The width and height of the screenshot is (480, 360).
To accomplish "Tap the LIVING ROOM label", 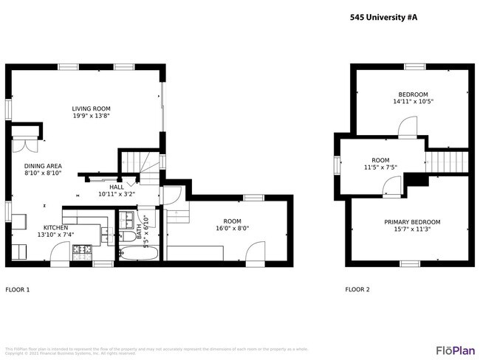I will coord(92,108).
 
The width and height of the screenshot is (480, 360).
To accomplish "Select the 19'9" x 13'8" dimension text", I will coord(92,116).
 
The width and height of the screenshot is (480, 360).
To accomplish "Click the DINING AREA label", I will coord(43,165).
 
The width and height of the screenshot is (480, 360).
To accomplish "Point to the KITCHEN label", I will coord(55,227).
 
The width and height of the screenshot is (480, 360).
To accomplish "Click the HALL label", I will coord(117,187).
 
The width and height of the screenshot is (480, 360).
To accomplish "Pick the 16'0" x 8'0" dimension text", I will coord(232,229).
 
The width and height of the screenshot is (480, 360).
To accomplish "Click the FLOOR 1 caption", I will coord(18,290).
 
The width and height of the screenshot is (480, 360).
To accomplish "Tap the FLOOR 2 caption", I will coord(357,290).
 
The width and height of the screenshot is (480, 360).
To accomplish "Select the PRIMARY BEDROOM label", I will coord(411,222).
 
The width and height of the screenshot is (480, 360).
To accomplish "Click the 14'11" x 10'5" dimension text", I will coord(413,102).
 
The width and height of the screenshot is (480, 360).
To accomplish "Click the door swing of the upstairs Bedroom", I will coord(406,129).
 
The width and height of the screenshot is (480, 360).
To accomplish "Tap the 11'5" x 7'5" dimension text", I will coord(380,167).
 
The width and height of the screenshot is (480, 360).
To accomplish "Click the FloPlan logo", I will coord(455,349).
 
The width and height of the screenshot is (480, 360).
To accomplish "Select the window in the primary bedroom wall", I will coord(410,263).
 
